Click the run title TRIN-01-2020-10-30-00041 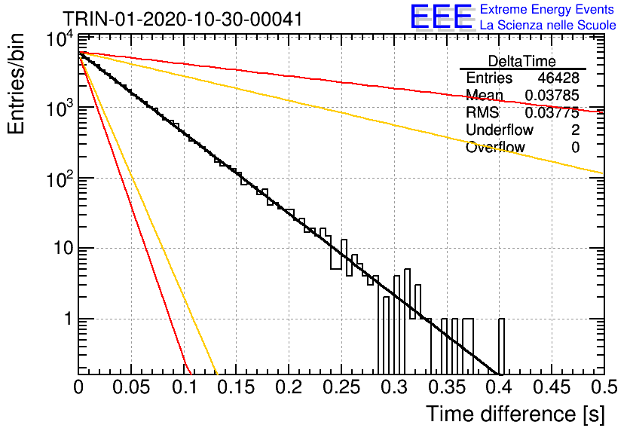click(x=182, y=19)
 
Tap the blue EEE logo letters click(x=441, y=17)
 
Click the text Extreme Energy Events click(x=547, y=9)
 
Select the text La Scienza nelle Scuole click(x=548, y=26)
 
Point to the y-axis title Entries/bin click(x=16, y=84)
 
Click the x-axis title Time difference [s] click(x=515, y=414)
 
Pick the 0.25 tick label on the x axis click(x=341, y=387)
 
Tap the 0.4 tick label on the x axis click(x=499, y=387)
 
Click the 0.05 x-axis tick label click(x=131, y=387)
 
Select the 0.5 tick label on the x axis click(x=604, y=387)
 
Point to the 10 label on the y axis click(x=63, y=248)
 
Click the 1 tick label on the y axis click(x=69, y=319)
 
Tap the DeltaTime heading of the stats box click(x=522, y=61)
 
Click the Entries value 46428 click(x=558, y=78)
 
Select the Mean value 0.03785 click(x=552, y=95)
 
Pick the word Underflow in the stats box click(x=500, y=130)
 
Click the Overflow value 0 click(x=575, y=148)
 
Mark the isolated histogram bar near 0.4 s click(x=501, y=347)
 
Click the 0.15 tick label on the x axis click(x=237, y=387)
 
